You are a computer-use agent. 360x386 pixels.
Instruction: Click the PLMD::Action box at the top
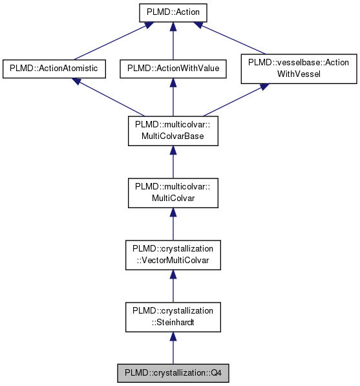tap(173, 12)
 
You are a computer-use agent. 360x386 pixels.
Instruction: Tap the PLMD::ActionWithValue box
tap(173, 68)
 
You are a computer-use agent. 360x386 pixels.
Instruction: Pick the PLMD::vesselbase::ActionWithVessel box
tap(299, 68)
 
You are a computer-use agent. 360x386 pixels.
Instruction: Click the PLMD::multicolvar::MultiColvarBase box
tap(173, 131)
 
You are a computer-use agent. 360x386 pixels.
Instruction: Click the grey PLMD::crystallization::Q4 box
tap(173, 373)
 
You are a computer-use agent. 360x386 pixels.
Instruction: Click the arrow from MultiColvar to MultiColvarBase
tap(173, 162)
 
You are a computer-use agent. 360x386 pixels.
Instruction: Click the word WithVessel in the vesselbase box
tap(299, 73)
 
